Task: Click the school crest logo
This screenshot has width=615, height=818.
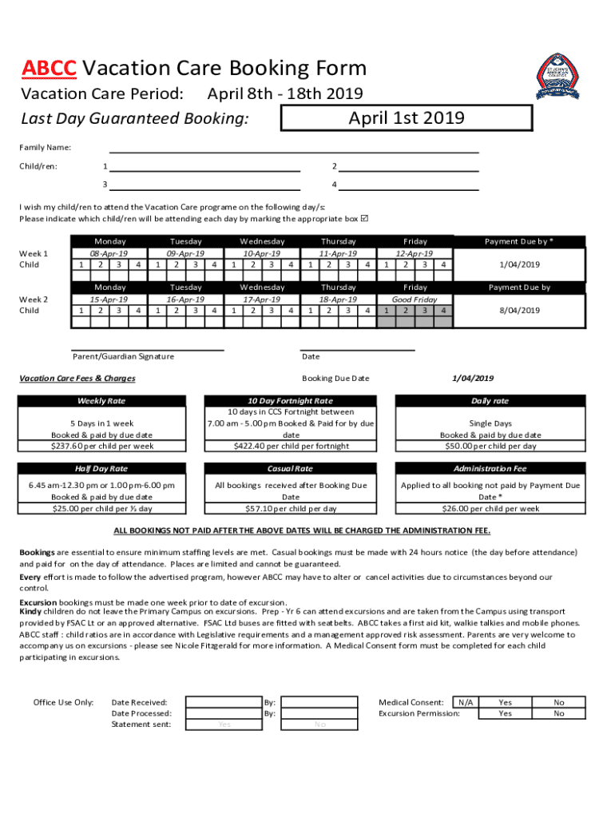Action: click(x=557, y=77)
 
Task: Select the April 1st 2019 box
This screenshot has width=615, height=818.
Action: click(x=406, y=118)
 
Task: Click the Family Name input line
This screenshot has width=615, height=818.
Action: click(x=294, y=148)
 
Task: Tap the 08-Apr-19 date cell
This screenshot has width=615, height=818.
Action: click(x=110, y=253)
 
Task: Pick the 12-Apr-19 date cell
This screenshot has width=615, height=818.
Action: click(x=415, y=253)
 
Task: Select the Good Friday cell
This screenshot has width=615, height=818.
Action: click(x=415, y=299)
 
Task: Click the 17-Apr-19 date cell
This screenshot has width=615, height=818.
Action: click(x=262, y=299)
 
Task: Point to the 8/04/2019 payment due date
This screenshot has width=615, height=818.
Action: click(x=519, y=310)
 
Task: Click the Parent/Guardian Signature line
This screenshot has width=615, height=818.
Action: click(x=147, y=349)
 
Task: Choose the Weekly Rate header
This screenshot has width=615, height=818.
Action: click(x=101, y=401)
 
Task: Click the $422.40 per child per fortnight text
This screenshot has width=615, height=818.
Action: click(x=291, y=446)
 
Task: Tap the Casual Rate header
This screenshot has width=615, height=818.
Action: click(x=291, y=469)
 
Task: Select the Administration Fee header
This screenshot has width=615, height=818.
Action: click(x=490, y=469)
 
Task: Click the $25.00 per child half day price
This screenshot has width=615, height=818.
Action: click(x=101, y=508)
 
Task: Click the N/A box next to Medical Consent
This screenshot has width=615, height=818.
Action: click(x=465, y=702)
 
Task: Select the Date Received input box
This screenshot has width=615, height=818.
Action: click(x=224, y=702)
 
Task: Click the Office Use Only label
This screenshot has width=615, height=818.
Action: click(x=63, y=702)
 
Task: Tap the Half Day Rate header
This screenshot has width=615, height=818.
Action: click(x=101, y=469)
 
